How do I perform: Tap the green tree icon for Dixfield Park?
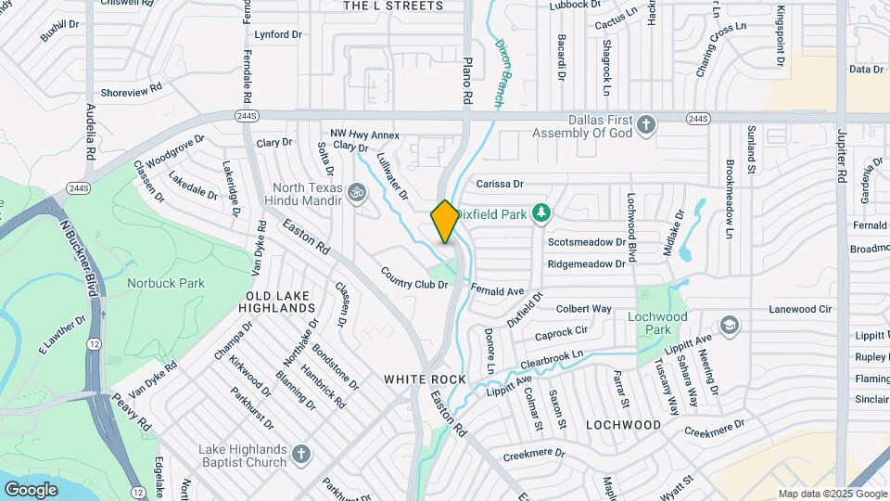(541, 214)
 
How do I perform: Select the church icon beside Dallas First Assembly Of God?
(647, 124)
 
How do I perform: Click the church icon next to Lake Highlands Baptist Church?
(300, 455)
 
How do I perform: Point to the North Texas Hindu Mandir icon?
(357, 192)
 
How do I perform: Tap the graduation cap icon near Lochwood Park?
(731, 325)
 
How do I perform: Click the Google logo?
(31, 489)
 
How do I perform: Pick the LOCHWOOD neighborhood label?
(624, 425)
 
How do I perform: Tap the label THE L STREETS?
(393, 6)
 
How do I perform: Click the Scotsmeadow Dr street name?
(587, 242)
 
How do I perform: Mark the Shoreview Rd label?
(132, 90)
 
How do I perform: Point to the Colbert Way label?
(583, 309)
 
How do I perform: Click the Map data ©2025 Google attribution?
(831, 494)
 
